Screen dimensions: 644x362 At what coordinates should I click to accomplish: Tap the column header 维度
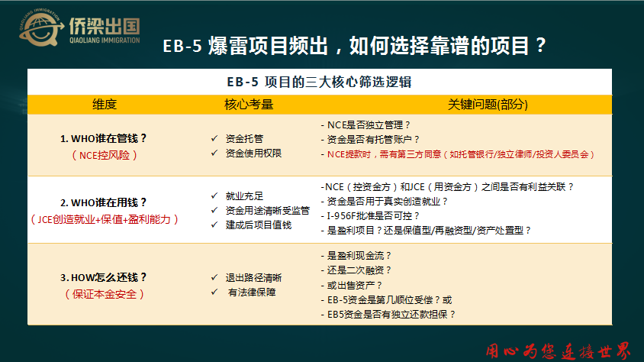(x=105, y=105)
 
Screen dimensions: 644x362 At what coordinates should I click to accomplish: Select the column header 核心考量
(x=249, y=105)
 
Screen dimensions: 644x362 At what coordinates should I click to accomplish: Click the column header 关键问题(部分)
(x=488, y=105)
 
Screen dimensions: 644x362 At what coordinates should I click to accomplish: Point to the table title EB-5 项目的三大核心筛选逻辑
(x=319, y=82)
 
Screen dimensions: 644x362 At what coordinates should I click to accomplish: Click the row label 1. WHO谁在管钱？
(x=104, y=138)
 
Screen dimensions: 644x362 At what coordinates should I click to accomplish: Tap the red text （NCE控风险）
(x=105, y=155)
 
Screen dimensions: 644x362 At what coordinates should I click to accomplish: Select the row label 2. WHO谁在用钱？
(x=104, y=202)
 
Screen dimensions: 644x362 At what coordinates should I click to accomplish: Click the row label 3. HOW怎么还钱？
(x=104, y=277)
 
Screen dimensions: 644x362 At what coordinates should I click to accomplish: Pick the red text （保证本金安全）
(x=105, y=294)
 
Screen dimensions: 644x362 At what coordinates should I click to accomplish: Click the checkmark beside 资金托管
(x=214, y=138)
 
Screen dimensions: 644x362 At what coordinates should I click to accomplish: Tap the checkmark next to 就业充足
(x=214, y=196)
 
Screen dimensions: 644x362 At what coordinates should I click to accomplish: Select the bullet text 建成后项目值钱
(x=259, y=225)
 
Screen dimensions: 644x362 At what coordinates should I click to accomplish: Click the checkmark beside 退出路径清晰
(x=214, y=277)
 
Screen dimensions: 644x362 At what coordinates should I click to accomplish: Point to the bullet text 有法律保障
(x=252, y=293)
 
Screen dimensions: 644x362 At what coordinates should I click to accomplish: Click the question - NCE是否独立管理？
(x=365, y=125)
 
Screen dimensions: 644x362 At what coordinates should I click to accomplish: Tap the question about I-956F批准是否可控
(x=370, y=215)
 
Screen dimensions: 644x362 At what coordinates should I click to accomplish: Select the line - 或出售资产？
(x=352, y=285)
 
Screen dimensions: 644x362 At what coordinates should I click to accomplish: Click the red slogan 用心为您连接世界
(x=558, y=351)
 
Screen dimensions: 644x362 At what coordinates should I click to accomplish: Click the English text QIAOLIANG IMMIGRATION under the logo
(x=105, y=40)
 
